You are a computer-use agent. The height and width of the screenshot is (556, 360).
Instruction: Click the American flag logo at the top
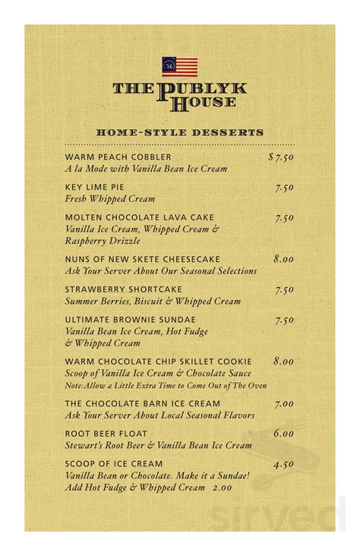[x=179, y=67]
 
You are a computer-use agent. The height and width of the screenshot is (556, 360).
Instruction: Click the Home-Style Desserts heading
[x=180, y=133]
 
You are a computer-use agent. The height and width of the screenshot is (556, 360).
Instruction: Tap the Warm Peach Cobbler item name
[x=118, y=157]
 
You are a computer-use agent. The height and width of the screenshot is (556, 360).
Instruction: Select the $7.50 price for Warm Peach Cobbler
[x=281, y=157]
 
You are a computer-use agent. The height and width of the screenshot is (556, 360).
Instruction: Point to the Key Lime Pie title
[x=94, y=187]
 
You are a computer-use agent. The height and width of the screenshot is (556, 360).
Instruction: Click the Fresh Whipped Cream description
[x=109, y=199]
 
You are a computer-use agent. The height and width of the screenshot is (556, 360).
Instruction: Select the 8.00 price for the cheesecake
[x=283, y=259]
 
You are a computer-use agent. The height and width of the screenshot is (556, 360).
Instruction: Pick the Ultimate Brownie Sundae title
[x=130, y=320]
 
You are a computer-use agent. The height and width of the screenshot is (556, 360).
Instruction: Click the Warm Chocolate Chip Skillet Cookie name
[x=158, y=362]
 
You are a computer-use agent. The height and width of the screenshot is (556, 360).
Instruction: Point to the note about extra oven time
[x=166, y=386]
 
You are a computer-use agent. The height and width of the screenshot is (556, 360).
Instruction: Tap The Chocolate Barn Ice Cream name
[x=142, y=404]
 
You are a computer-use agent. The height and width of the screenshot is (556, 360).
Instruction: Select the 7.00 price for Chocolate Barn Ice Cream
[x=283, y=404]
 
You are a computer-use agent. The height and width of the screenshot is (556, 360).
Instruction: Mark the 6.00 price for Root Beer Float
[x=283, y=434]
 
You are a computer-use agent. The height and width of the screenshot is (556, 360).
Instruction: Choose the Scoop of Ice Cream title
[x=113, y=463]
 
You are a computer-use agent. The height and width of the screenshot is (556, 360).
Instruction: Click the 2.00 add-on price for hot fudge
[x=221, y=488]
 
